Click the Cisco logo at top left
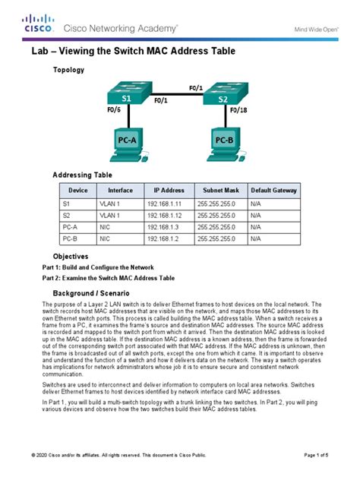39,24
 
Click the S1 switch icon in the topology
127,95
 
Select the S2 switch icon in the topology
221,95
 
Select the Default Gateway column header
273,190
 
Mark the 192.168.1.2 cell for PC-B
168,238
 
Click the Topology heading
68,70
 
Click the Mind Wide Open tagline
316,29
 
